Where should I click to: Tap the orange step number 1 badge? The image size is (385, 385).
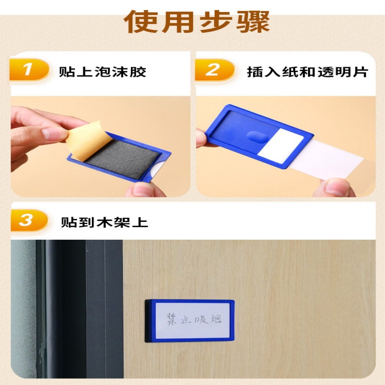pos(28,71)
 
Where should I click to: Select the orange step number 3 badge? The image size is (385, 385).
pos(28,221)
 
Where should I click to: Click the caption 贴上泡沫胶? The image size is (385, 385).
pos(102,72)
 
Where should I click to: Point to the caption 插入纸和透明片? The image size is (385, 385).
pos(307,72)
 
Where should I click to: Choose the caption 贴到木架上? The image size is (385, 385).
pos(104,223)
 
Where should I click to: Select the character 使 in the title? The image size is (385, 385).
pos(140,21)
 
